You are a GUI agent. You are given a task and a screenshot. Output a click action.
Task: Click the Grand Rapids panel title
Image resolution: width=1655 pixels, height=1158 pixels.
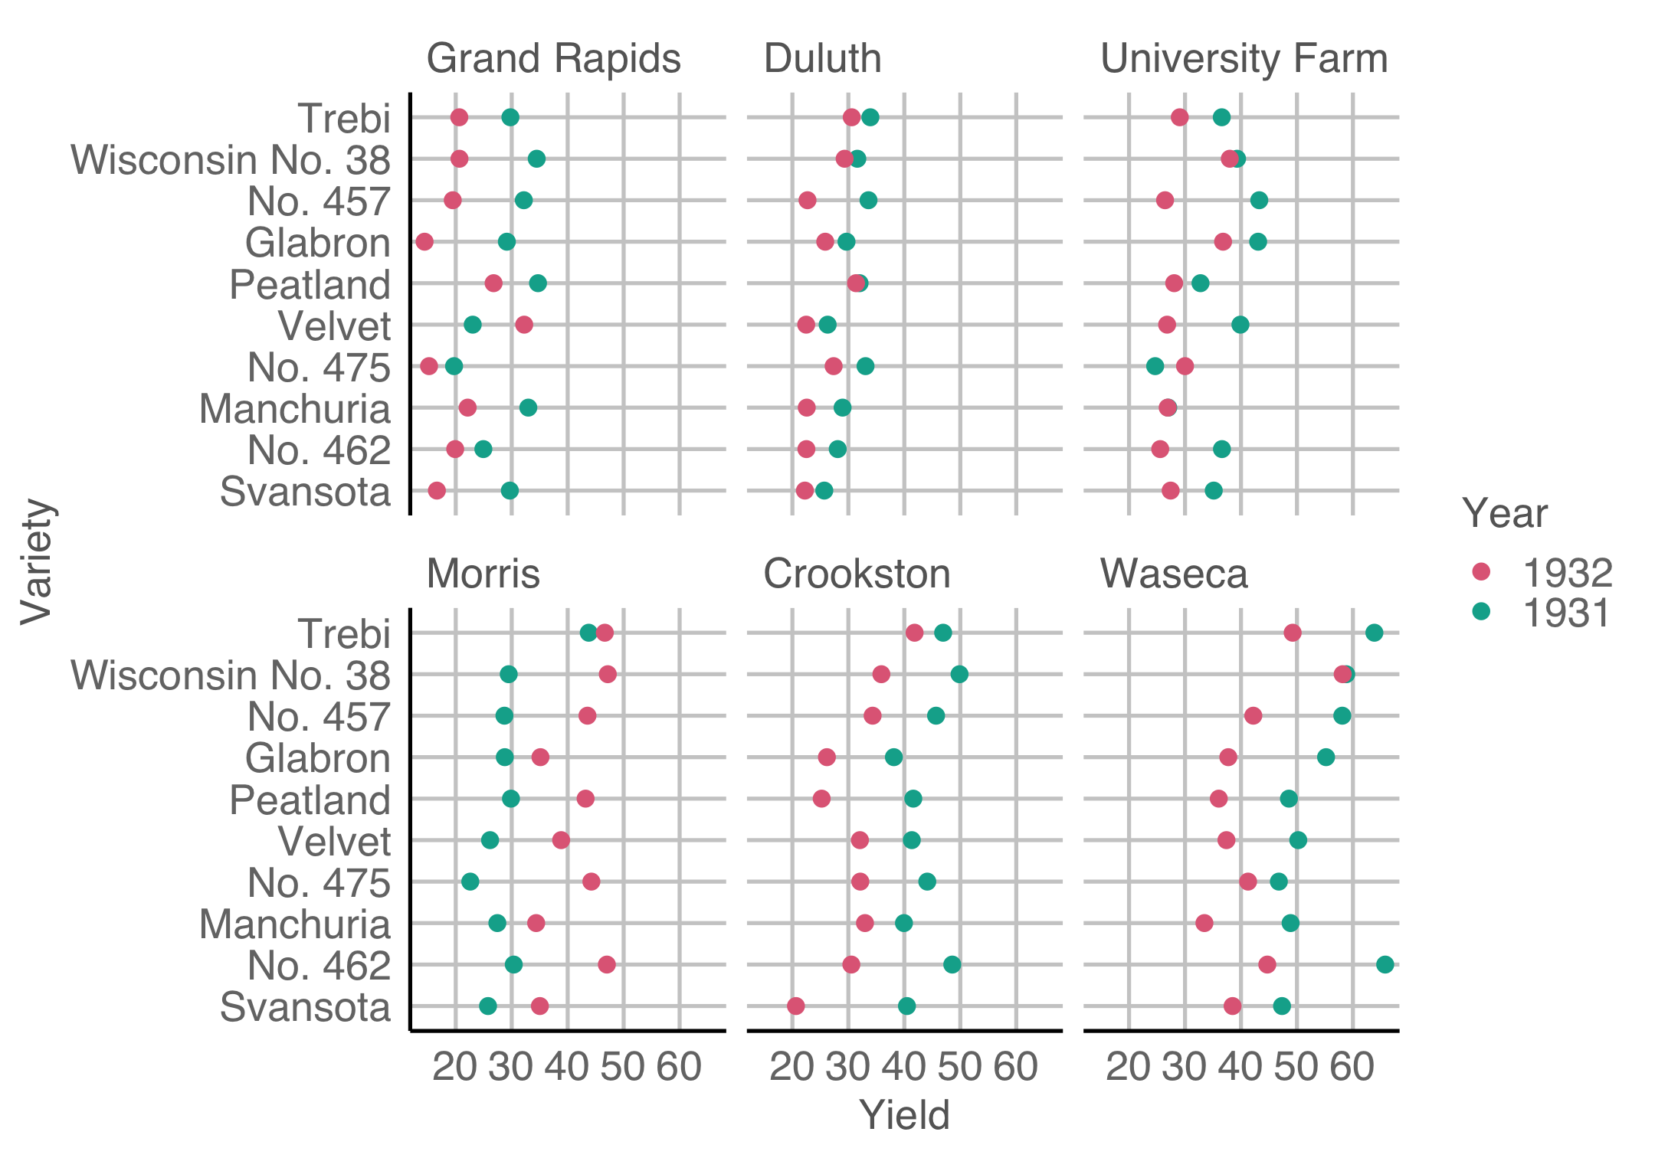point(553,59)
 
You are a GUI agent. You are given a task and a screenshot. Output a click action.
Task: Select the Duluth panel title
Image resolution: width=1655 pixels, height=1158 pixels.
point(822,59)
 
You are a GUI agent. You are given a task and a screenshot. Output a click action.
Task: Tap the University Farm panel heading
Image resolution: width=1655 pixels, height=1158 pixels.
point(1244,59)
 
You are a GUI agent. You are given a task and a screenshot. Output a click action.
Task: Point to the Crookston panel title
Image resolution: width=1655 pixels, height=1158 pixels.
point(857,574)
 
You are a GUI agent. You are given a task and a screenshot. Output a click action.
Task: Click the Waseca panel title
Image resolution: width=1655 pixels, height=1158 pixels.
point(1174,574)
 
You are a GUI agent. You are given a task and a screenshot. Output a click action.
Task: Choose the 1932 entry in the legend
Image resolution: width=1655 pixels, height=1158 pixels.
point(1567,572)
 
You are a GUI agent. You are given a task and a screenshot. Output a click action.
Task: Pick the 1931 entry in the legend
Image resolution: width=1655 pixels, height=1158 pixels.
point(1567,612)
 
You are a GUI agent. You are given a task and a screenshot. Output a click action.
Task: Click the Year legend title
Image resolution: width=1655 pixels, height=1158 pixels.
point(1505,513)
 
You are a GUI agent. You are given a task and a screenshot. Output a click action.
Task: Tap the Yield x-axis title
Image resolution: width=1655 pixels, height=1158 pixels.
point(904,1115)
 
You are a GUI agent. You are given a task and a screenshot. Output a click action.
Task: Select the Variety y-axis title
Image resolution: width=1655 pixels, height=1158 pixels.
point(36,561)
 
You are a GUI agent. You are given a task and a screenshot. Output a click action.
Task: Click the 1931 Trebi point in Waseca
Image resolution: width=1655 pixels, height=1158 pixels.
point(1374,633)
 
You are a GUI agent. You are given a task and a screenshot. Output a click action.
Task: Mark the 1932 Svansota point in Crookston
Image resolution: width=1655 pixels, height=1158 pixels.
point(796,1006)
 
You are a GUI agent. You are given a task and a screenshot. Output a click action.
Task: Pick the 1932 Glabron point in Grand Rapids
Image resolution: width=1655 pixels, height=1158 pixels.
point(424,242)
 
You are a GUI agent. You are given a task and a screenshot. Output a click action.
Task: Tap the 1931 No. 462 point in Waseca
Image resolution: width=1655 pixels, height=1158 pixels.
point(1385,964)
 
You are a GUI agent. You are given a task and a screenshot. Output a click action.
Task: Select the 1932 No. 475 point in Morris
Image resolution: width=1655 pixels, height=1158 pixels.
point(591,882)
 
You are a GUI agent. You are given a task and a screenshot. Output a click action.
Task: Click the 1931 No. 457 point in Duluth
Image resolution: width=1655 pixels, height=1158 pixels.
point(868,201)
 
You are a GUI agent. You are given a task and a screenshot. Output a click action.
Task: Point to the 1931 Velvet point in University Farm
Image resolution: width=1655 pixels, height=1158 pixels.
point(1240,325)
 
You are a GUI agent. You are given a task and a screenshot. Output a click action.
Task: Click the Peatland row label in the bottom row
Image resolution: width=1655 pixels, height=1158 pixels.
point(310,800)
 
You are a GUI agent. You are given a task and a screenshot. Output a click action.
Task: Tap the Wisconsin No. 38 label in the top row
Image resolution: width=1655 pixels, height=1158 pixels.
point(231,160)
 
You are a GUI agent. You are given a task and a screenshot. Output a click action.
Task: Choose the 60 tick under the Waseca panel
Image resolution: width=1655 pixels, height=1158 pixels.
point(1352,1067)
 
